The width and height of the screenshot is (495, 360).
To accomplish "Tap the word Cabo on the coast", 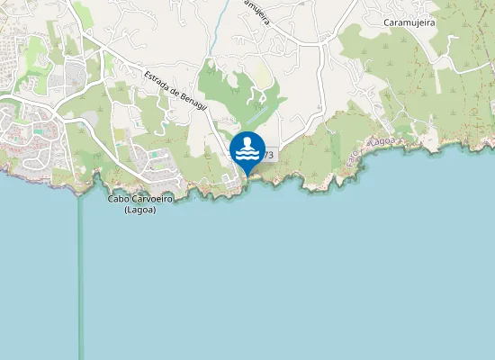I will (119, 199).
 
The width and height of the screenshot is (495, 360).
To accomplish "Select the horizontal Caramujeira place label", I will (410, 22).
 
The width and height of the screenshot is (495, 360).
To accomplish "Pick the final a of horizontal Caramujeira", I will (434, 22).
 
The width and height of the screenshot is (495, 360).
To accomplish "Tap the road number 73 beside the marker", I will (269, 156).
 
